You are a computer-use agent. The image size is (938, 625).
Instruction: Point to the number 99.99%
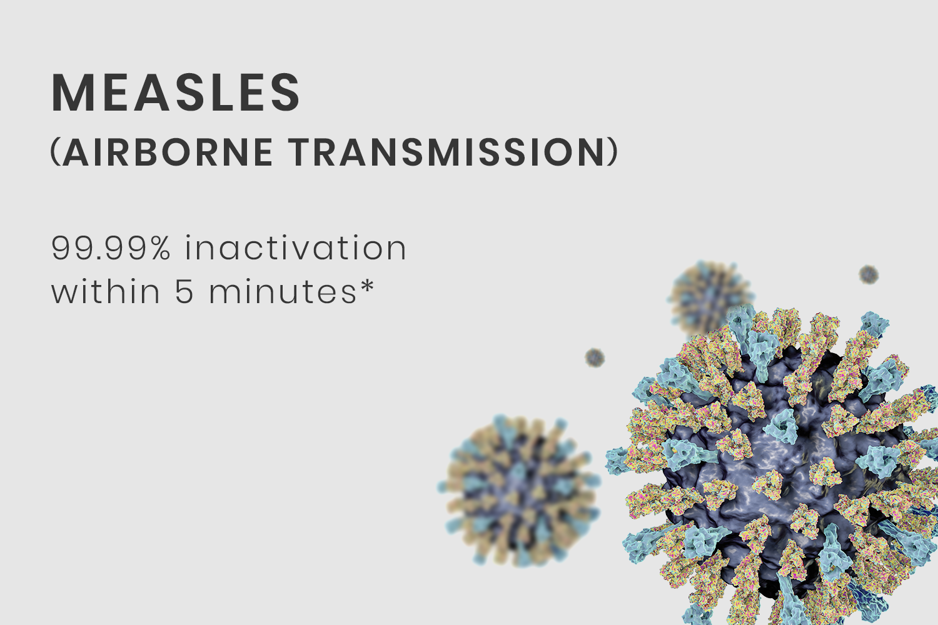coord(111,248)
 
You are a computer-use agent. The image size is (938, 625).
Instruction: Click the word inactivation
coord(296,247)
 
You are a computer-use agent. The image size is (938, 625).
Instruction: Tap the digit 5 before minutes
coord(184,291)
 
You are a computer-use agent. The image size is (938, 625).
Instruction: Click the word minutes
coord(283,291)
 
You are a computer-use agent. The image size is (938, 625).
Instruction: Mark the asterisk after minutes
coord(366,286)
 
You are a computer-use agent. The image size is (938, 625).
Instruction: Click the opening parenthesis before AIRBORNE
coord(56,152)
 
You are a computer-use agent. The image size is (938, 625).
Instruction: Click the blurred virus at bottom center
coord(519,491)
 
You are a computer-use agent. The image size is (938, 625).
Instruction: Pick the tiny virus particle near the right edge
coord(869,274)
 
